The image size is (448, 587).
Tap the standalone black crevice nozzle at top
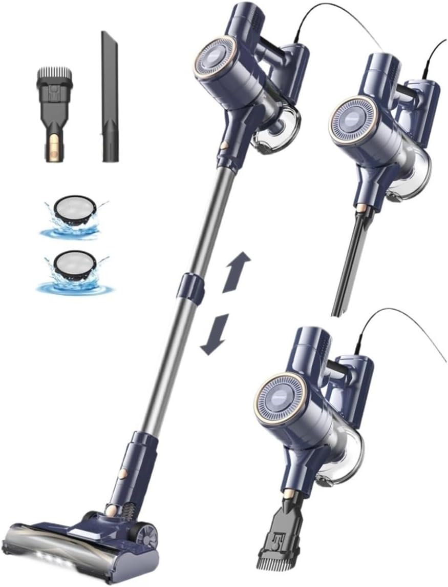coord(109,97)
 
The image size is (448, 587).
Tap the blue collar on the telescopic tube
coord(189,285)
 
